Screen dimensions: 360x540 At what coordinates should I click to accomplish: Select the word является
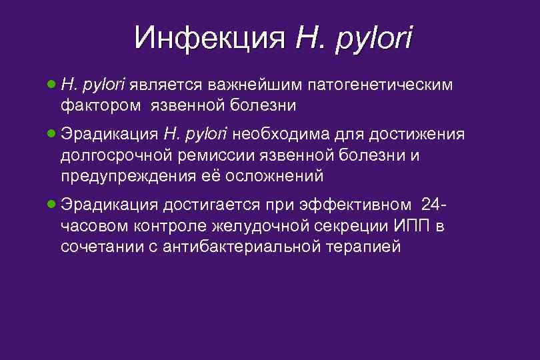point(166,85)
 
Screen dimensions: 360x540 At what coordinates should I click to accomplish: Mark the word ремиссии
point(212,156)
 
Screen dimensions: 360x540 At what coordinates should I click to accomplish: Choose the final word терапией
point(363,247)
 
